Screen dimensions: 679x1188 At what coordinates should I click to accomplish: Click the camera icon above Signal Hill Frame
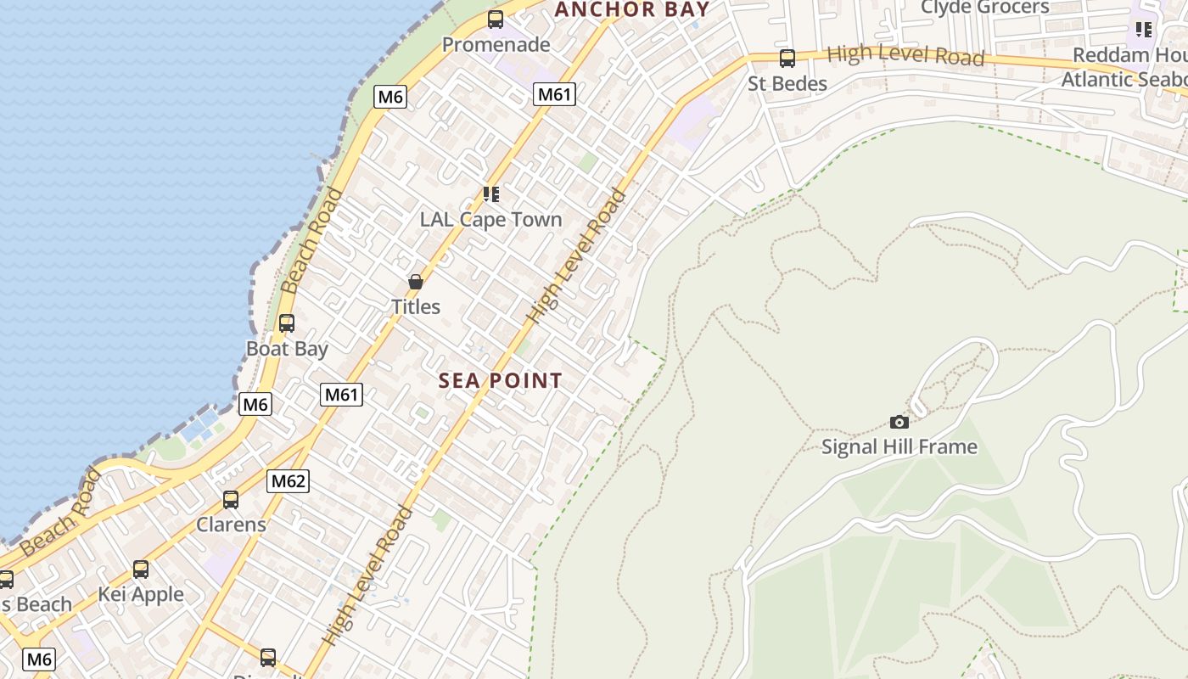point(899,422)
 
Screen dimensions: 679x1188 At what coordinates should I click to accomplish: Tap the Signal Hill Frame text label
point(899,446)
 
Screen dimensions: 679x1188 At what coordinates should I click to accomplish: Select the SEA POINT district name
point(501,381)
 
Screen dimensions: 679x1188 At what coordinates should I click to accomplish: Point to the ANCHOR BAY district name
point(632,10)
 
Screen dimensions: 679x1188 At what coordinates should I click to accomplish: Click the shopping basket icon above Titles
point(416,282)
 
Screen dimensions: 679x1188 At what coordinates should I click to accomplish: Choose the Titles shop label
point(416,306)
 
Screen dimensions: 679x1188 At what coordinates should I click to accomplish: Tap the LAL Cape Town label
point(490,219)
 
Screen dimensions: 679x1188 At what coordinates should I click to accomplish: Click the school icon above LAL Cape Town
point(490,194)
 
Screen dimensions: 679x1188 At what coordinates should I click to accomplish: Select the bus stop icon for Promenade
point(496,20)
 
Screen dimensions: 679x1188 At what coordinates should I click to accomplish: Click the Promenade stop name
point(496,44)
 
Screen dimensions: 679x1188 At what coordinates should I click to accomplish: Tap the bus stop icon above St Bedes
point(787,59)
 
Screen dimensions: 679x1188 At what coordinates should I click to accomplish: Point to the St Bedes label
point(787,83)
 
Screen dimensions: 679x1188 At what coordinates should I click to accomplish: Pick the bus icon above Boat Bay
point(287,323)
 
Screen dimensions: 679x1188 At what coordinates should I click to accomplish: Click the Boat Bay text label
point(287,348)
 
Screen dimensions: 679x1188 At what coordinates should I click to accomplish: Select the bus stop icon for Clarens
point(231,500)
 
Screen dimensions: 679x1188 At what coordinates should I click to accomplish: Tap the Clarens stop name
point(231,525)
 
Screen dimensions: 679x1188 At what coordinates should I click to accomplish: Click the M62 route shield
point(289,482)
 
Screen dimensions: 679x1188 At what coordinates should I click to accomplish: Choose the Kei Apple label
point(141,594)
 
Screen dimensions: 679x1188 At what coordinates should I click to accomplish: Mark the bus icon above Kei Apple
point(141,570)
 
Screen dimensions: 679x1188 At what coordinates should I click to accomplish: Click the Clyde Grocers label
point(984,8)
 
